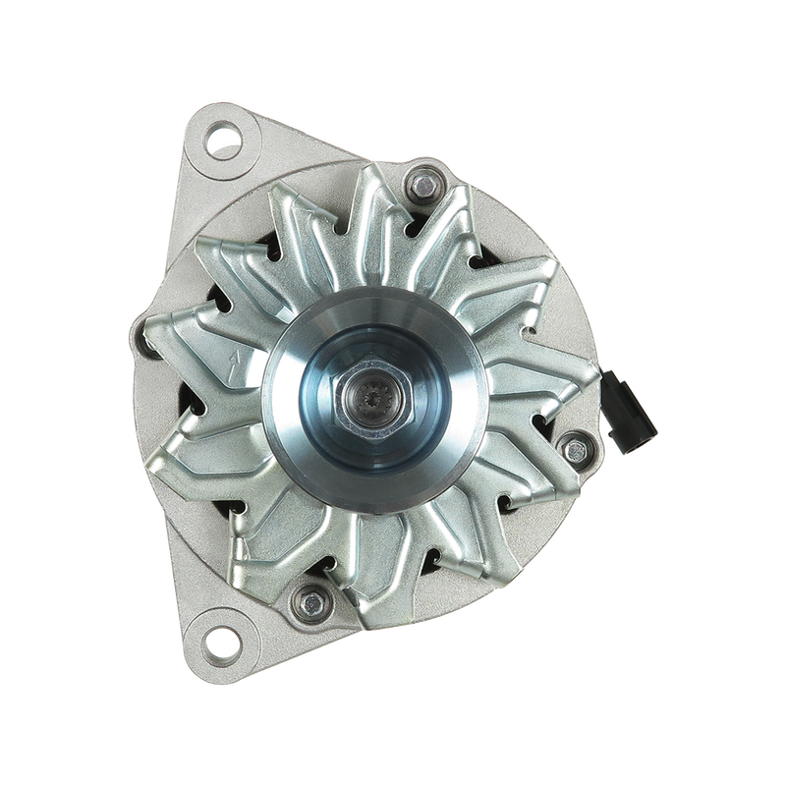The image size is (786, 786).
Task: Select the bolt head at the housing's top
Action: pos(421,182)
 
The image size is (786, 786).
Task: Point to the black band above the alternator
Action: pos(393,49)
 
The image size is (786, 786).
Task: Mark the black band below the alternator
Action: pos(393,737)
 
